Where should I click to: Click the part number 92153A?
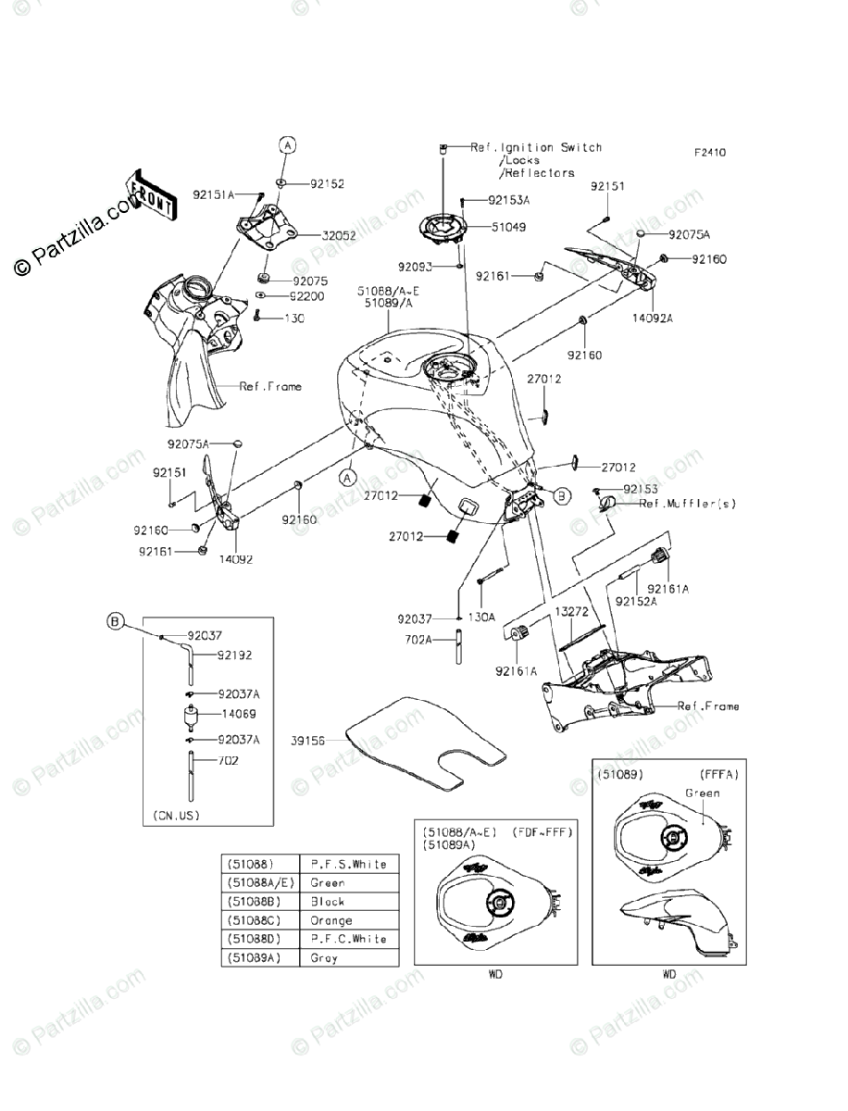tap(508, 200)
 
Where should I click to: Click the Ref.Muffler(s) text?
tap(687, 504)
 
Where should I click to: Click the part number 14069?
tap(238, 714)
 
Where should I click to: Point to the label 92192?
tap(234, 655)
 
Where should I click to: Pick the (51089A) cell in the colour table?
tap(259, 958)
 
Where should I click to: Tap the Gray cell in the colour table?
tap(324, 958)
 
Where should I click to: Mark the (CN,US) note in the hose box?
tap(176, 816)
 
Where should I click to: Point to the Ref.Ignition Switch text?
tap(536, 147)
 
